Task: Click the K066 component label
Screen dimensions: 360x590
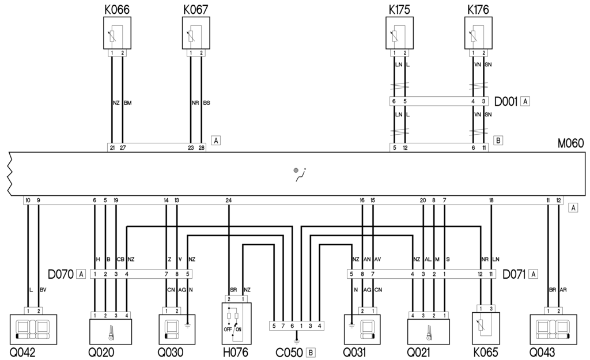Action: coord(117,10)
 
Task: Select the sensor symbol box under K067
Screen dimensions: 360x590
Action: coord(196,33)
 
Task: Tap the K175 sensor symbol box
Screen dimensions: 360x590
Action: coord(399,33)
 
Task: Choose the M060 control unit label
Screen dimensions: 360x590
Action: coord(571,143)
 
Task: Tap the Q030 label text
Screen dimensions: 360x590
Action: coord(172,353)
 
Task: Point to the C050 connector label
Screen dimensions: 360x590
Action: coord(291,353)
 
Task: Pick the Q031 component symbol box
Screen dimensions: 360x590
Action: coord(366,329)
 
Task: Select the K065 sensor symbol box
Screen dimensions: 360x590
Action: coord(486,329)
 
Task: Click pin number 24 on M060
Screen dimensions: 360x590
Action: coord(229,200)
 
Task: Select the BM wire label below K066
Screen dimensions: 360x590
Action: coord(127,103)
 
